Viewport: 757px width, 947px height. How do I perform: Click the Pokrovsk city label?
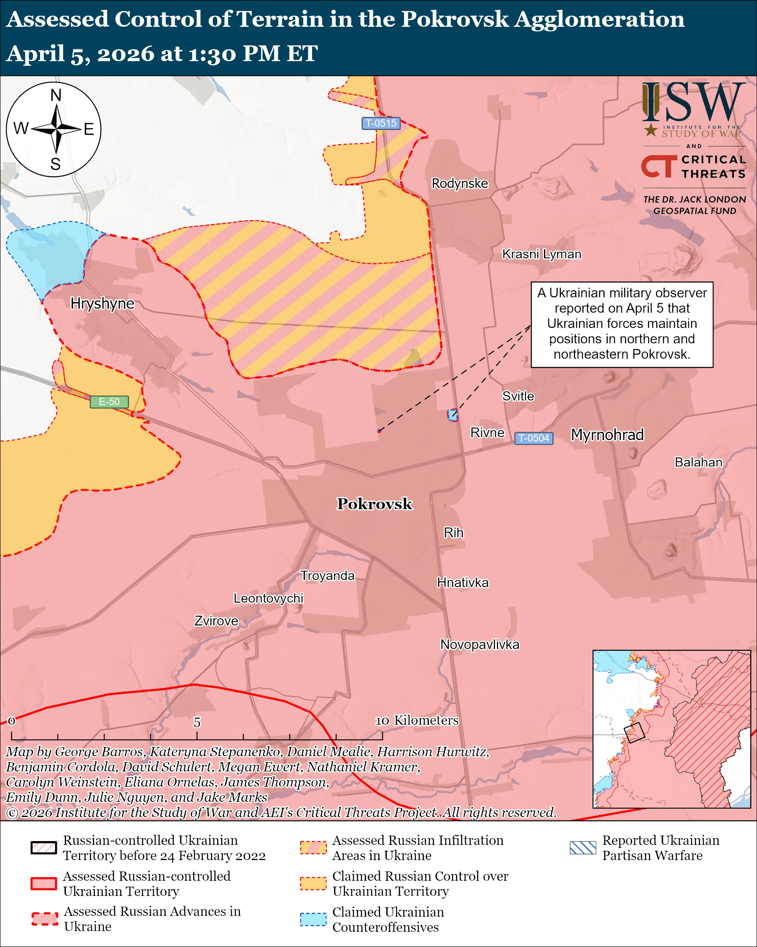[374, 504]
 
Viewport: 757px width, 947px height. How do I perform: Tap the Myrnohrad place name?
[607, 435]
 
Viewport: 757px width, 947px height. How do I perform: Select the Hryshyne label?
[102, 303]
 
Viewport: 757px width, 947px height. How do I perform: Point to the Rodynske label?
[459, 183]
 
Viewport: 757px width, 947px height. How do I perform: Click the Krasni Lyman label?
[541, 254]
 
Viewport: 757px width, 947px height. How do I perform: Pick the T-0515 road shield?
[381, 123]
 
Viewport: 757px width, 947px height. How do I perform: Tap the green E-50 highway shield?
[109, 401]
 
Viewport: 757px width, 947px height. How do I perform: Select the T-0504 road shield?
[533, 438]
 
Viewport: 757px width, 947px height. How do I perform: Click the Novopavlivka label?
[480, 644]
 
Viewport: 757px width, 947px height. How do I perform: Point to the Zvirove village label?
[216, 621]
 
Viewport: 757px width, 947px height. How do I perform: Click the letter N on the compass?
[56, 95]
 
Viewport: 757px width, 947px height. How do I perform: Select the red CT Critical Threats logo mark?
[658, 166]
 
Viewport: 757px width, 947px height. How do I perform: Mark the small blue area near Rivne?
[453, 415]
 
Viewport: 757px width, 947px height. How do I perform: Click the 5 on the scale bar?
[197, 722]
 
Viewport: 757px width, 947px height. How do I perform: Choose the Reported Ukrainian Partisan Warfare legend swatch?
[583, 848]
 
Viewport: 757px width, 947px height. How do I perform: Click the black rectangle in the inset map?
[634, 732]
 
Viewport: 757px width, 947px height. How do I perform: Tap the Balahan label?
[698, 462]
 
